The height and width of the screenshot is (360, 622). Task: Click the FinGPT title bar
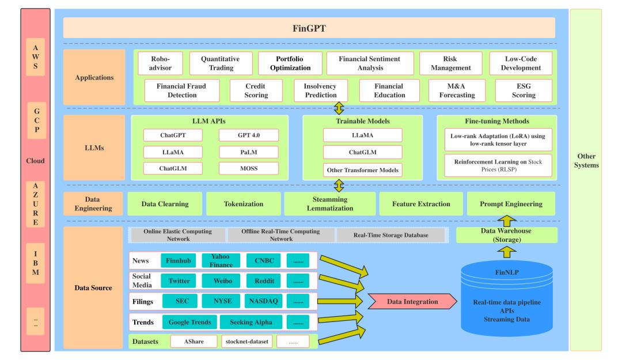click(x=309, y=28)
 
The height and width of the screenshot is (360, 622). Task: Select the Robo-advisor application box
click(x=159, y=63)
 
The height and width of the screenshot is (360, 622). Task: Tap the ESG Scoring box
click(x=524, y=90)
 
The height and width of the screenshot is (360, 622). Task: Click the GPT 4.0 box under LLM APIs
click(x=249, y=135)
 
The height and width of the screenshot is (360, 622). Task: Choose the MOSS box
click(x=249, y=169)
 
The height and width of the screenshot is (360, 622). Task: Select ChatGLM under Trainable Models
click(x=362, y=153)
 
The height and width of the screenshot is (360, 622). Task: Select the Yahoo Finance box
click(x=220, y=260)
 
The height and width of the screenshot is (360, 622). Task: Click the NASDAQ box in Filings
click(x=263, y=301)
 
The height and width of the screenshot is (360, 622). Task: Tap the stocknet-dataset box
click(x=246, y=341)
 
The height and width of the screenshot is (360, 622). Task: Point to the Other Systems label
click(x=585, y=161)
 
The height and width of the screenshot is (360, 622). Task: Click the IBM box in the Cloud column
click(x=35, y=262)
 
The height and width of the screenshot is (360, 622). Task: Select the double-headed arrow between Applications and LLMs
click(x=340, y=108)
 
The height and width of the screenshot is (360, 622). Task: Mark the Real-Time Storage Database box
click(x=390, y=235)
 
